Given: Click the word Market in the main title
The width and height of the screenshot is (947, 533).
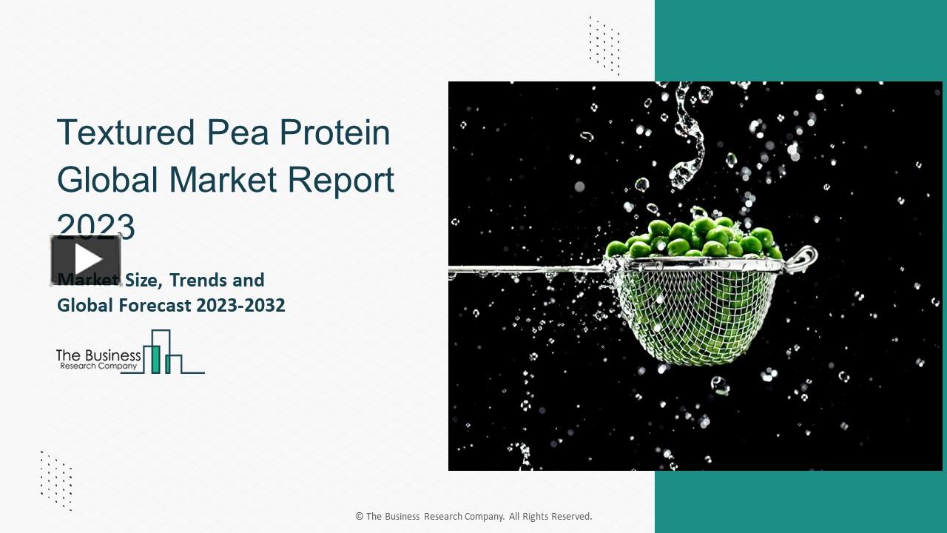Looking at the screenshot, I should point(219,180).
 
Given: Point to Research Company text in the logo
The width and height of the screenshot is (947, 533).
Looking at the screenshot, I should point(98,366).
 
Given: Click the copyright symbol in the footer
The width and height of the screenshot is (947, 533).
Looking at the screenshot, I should point(360,517).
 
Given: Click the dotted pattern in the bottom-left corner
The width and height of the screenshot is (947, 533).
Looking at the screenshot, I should point(56,480).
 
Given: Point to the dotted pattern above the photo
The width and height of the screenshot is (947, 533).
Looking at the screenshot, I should point(604,44).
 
